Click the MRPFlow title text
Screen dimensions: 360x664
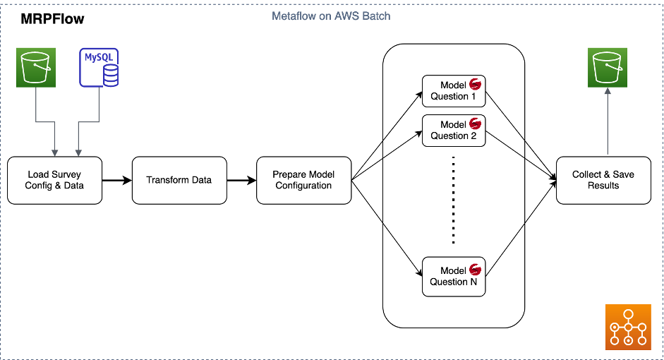(54, 20)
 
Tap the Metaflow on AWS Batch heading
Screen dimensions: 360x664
(331, 16)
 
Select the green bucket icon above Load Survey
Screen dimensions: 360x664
(36, 66)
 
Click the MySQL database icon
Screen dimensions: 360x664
(99, 66)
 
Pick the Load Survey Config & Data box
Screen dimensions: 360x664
(54, 181)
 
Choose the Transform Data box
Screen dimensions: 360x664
(179, 181)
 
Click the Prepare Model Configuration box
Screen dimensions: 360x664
(303, 181)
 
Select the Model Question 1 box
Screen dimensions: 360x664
(454, 91)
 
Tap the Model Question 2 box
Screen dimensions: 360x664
(454, 131)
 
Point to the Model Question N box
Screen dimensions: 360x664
(454, 276)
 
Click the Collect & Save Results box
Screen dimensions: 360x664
(603, 181)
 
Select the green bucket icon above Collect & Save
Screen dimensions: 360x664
(608, 66)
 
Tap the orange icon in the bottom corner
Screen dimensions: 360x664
(628, 327)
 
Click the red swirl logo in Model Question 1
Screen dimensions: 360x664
(475, 85)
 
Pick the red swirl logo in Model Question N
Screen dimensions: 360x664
(475, 270)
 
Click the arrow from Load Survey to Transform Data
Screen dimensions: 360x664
(116, 181)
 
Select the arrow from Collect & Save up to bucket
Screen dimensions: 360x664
(608, 124)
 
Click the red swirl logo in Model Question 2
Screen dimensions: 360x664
(475, 124)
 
